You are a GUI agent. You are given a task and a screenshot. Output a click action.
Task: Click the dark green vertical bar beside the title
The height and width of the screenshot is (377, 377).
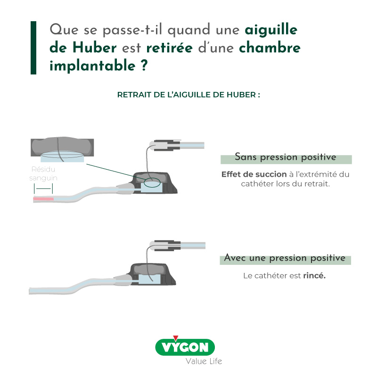pos(33,48)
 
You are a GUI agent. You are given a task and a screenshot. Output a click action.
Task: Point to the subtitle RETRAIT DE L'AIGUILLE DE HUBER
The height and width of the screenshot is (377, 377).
pos(188,94)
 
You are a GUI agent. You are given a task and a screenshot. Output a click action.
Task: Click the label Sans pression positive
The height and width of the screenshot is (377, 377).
pos(286,157)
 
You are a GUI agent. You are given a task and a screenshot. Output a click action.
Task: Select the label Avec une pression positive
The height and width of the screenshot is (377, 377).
pos(285,259)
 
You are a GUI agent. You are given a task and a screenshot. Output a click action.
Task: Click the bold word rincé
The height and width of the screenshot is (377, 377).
pos(314,276)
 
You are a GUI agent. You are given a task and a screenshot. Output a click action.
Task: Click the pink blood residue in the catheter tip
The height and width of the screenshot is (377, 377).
pos(43,199)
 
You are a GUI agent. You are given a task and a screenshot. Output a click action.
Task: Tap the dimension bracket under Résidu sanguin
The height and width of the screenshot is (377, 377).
pos(43,188)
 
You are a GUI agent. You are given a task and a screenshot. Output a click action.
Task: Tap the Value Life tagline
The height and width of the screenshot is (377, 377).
pos(203,361)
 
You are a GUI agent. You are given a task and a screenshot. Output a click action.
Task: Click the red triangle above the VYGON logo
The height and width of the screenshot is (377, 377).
pos(176,337)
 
